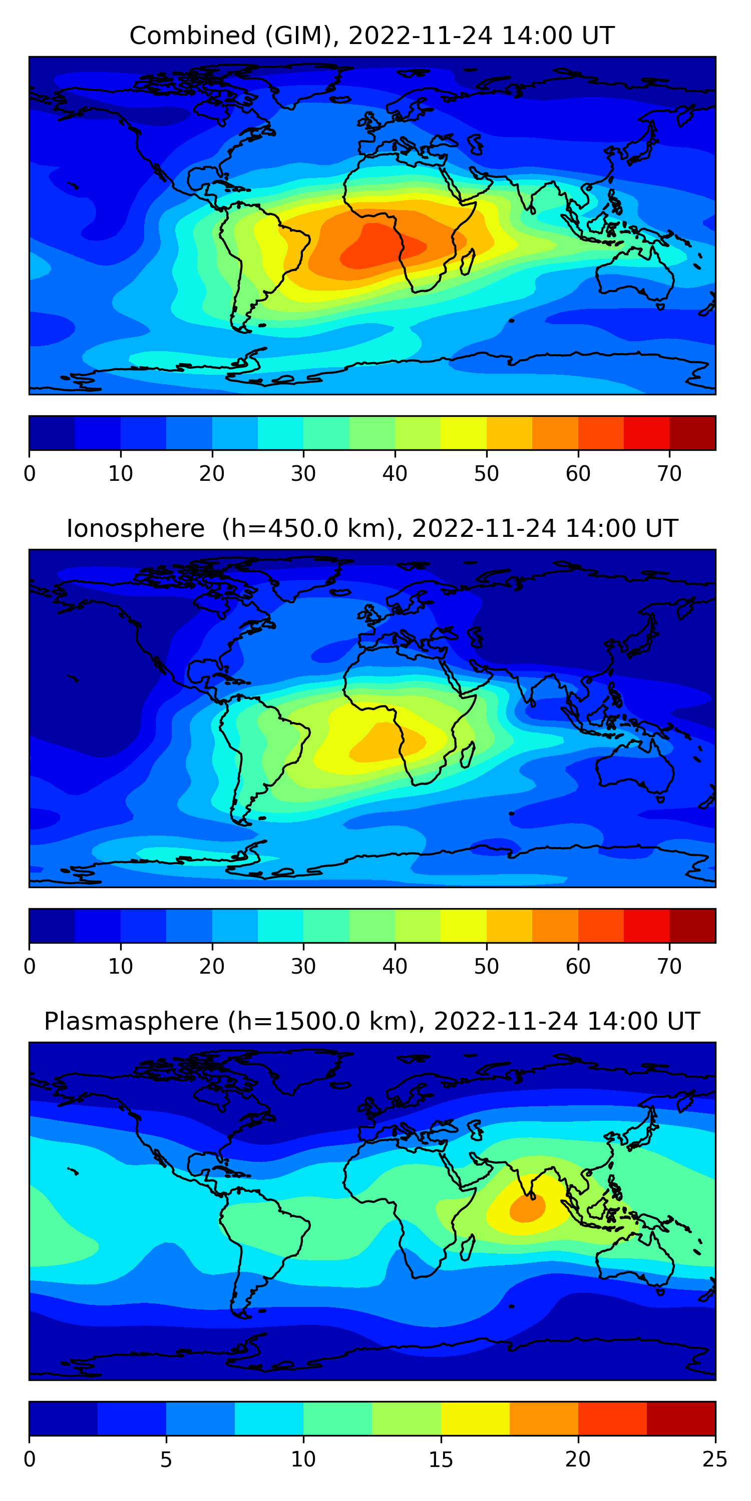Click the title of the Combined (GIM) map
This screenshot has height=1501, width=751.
(x=371, y=36)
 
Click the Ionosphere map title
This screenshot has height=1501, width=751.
(x=371, y=528)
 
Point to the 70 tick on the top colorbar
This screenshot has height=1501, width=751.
(x=669, y=473)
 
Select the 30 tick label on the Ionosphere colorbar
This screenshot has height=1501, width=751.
(x=303, y=966)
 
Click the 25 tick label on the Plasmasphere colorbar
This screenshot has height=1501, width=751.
(x=715, y=1459)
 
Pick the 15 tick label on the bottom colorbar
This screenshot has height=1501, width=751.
(x=441, y=1459)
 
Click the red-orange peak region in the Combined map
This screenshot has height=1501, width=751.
(x=379, y=248)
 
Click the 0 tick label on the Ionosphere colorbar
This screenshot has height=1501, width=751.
(x=30, y=966)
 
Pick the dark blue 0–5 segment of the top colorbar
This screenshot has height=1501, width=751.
(x=52, y=433)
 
